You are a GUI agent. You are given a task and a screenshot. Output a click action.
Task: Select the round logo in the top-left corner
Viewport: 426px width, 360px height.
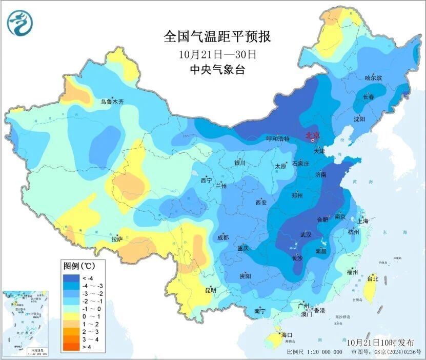pyautogui.click(x=19, y=23)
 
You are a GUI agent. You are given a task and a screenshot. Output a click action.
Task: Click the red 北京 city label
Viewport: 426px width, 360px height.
pyautogui.click(x=312, y=135)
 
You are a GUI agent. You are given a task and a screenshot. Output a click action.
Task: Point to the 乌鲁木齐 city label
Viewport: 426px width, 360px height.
pyautogui.click(x=112, y=102)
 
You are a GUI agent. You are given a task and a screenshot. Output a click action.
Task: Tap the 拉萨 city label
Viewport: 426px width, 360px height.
pyautogui.click(x=117, y=238)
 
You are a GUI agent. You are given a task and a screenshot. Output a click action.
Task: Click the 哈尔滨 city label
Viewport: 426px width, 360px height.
pyautogui.click(x=373, y=78)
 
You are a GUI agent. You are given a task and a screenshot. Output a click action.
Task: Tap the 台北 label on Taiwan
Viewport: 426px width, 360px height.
pyautogui.click(x=373, y=279)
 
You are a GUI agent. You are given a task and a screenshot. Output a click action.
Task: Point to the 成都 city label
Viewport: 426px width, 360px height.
pyautogui.click(x=223, y=237)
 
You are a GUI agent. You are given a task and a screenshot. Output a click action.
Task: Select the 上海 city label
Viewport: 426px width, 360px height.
pyautogui.click(x=363, y=221)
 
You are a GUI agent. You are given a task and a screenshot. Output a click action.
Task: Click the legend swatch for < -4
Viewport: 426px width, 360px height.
pyautogui.click(x=72, y=278)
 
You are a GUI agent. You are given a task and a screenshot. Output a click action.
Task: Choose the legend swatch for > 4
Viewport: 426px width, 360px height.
pyautogui.click(x=72, y=347)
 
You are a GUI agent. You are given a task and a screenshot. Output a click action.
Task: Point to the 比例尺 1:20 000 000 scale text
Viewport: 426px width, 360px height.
pyautogui.click(x=314, y=352)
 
